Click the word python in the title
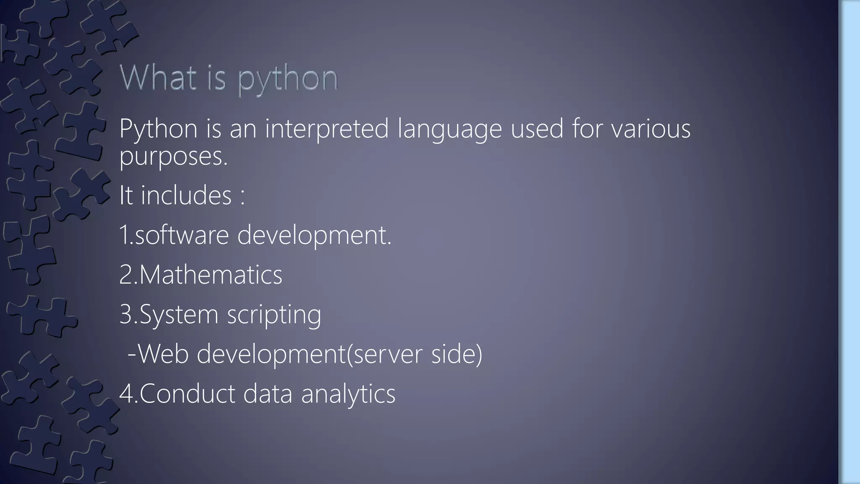[288, 79]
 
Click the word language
[449, 129]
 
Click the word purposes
[173, 156]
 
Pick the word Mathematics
[210, 274]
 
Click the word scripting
[274, 314]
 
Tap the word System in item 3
[179, 314]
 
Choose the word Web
[163, 354]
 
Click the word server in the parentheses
[386, 354]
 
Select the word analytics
[348, 394]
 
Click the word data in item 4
[267, 394]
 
